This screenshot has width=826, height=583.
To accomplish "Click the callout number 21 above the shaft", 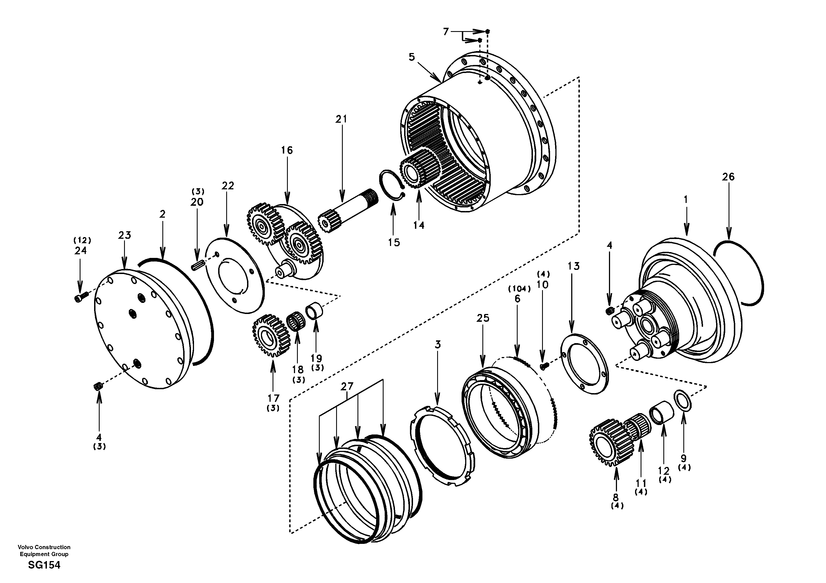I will coord(341,119).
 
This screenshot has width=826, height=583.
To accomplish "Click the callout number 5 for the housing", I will coord(412,57).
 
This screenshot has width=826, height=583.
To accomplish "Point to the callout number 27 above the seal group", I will coord(347,386).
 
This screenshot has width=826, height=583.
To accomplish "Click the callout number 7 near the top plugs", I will coord(446,32).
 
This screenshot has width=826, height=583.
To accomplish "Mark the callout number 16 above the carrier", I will coord(287,150).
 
